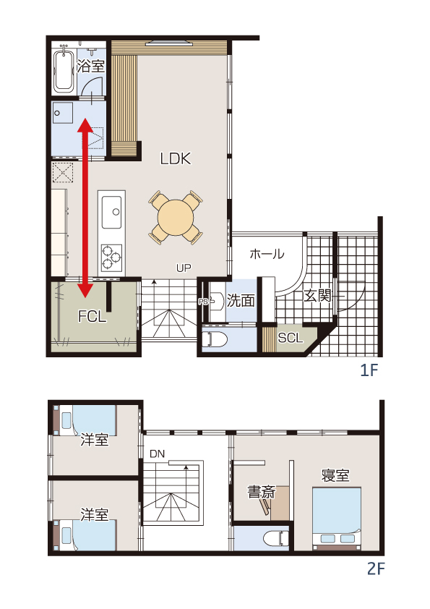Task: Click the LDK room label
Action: (x=176, y=158)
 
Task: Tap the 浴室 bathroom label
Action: (x=91, y=66)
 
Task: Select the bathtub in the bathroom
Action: (x=64, y=69)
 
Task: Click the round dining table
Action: (x=176, y=218)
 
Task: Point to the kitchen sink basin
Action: (x=111, y=213)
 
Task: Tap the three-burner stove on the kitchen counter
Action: (x=112, y=257)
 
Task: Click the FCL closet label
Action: (x=93, y=317)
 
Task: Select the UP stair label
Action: (x=184, y=268)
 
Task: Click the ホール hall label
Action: (x=267, y=254)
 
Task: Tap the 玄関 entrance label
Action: (x=317, y=296)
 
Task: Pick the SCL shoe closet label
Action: (x=291, y=338)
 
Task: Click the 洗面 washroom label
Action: (x=241, y=300)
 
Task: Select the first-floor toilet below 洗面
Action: (x=215, y=339)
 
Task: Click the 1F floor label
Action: (x=369, y=370)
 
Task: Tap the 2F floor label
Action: (x=376, y=569)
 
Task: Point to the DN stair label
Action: (x=157, y=453)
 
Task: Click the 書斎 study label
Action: (x=262, y=492)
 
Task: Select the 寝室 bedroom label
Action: (x=335, y=475)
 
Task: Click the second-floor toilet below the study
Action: (x=276, y=539)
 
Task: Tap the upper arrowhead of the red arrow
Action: (x=85, y=127)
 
